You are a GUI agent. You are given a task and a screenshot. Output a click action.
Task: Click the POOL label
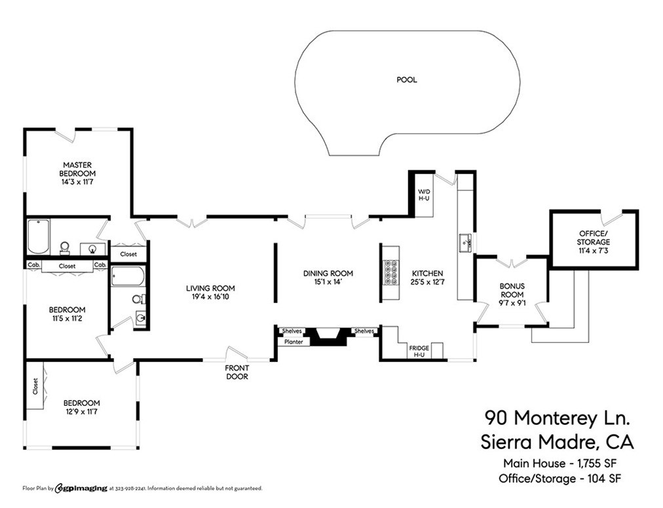(x=406, y=80)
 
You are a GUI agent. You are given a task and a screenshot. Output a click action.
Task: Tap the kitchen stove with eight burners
(x=391, y=273)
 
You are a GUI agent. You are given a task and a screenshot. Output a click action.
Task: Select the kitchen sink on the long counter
(x=466, y=243)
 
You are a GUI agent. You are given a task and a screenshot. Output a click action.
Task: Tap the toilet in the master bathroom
(x=65, y=247)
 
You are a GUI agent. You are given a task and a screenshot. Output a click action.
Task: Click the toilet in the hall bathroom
(x=138, y=299)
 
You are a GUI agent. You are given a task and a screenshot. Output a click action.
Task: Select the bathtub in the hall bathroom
(x=127, y=276)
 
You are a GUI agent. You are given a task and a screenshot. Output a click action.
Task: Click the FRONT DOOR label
(x=237, y=372)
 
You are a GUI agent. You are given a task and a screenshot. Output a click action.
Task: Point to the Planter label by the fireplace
(x=294, y=342)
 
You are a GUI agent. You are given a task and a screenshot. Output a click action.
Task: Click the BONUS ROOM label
(x=512, y=290)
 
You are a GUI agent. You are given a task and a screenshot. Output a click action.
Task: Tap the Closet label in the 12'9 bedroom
(x=35, y=386)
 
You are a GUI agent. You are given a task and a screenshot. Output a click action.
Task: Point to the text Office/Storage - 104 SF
(x=559, y=478)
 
